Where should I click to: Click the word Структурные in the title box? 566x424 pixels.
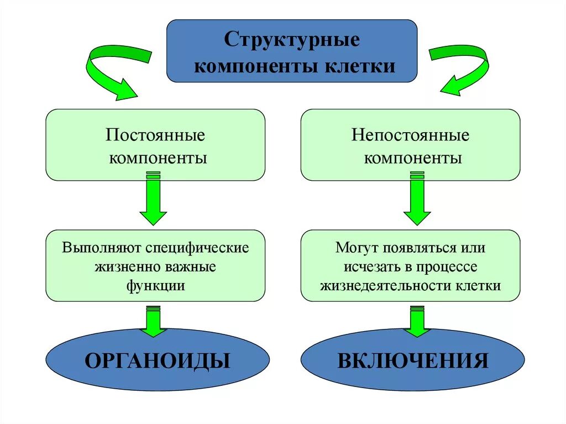click(292, 40)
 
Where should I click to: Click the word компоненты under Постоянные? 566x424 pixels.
click(158, 159)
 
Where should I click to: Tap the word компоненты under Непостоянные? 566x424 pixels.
click(413, 159)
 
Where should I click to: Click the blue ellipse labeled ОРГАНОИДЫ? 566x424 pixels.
click(158, 361)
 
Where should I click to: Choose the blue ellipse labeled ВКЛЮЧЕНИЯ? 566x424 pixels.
click(413, 361)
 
